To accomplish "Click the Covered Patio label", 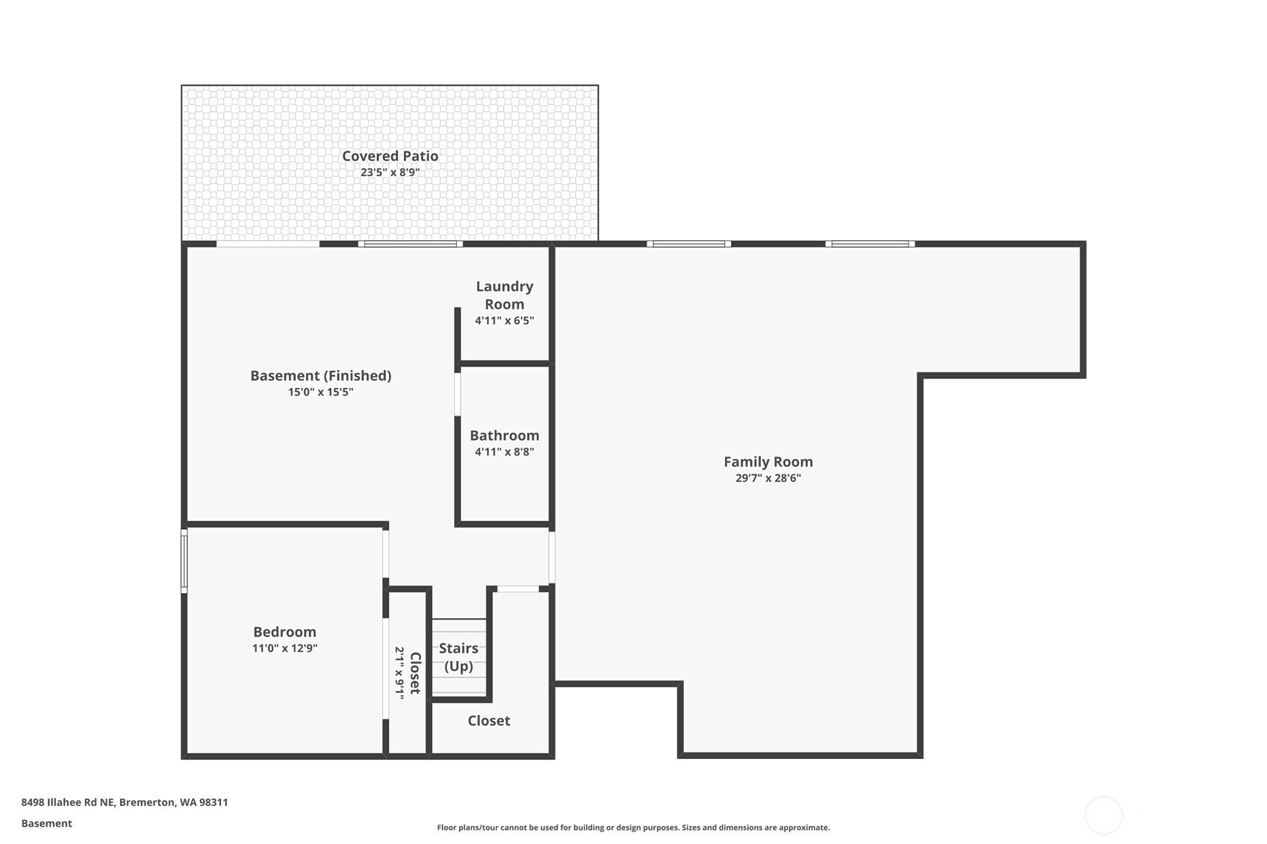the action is [x=390, y=155].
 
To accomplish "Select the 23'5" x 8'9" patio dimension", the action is [x=390, y=172].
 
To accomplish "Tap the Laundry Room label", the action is [x=504, y=295].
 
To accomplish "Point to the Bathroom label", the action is [x=504, y=435].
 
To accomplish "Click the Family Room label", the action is [x=768, y=461].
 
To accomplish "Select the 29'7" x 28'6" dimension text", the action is [x=768, y=478].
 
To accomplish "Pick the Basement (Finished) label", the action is [x=321, y=375].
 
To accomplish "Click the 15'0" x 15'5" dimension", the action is [x=321, y=392].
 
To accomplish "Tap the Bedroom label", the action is [x=284, y=631].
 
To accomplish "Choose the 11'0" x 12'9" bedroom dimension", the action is [x=284, y=648].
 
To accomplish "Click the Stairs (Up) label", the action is [x=458, y=657].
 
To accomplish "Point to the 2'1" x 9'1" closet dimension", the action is [x=399, y=672].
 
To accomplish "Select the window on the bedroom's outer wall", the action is [x=184, y=560].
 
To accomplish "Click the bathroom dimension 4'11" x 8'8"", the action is [x=504, y=451].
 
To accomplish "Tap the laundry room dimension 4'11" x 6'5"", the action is [x=504, y=321].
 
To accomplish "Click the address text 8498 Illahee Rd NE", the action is [x=68, y=801].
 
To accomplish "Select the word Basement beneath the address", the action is [x=47, y=823].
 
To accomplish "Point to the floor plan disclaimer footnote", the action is [x=633, y=828].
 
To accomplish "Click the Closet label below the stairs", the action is [x=489, y=720].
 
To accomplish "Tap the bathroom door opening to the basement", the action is [x=458, y=394].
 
